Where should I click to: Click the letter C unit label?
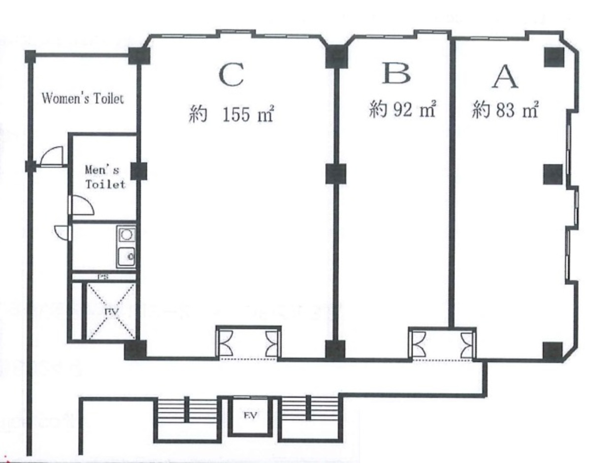pos(231,75)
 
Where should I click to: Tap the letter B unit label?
pos(396,74)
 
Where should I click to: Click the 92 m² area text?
pos(402,109)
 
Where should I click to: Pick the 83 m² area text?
pos(505,110)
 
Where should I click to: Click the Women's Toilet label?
pos(82,99)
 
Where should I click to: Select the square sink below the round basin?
pos(126,255)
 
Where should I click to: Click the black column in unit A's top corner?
pos(553,57)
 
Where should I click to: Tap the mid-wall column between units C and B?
pos(336,174)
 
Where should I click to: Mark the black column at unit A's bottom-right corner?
pos(552,351)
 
